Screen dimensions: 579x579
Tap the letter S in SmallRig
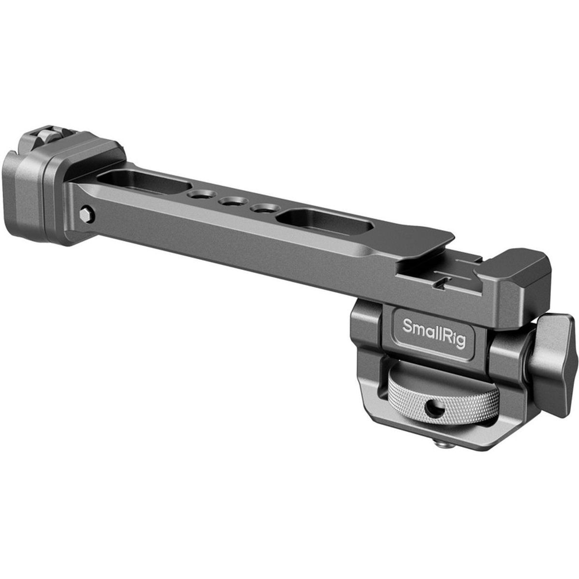[408, 325]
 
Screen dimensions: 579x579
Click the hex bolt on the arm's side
[85, 213]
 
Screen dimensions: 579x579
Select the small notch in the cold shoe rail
[445, 282]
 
